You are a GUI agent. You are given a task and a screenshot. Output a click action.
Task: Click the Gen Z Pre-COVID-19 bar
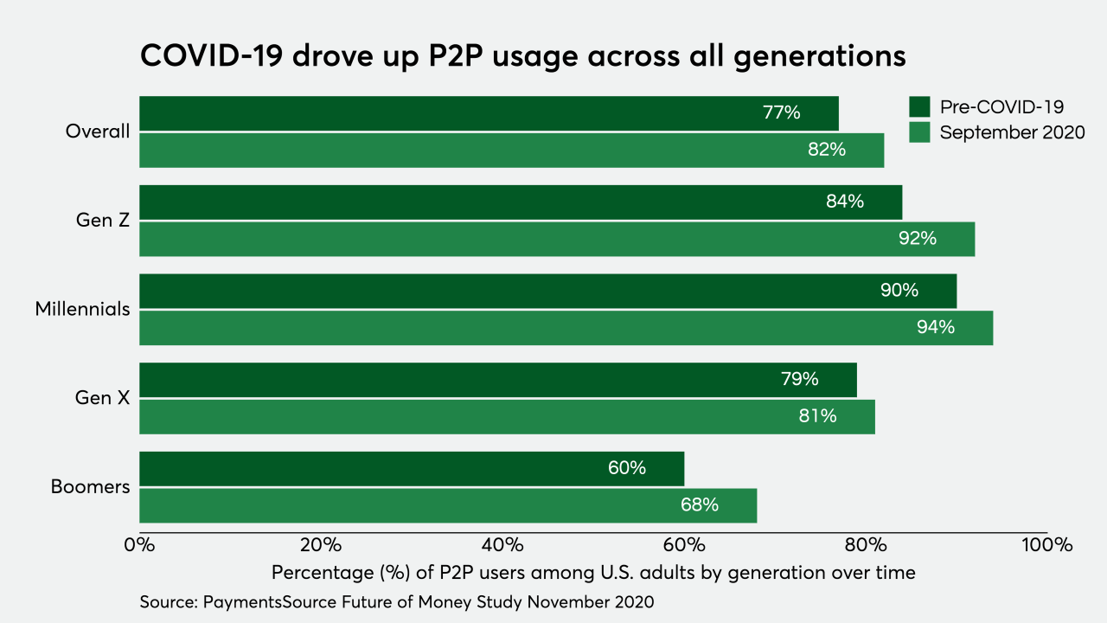coord(520,202)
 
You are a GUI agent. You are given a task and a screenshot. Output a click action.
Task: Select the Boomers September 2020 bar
coord(447,505)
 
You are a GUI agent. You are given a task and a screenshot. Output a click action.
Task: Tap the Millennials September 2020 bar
coord(566,327)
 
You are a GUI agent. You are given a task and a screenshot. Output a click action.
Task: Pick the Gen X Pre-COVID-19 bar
coord(497,380)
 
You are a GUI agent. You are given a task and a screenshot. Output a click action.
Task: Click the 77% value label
coord(781,112)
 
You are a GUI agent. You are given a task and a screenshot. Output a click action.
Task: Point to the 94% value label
coord(936,327)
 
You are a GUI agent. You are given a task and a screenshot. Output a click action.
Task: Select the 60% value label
coord(626,468)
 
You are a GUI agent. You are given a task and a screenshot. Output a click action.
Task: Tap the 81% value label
coord(817,416)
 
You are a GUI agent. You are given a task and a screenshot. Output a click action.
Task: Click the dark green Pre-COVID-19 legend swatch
coord(918,107)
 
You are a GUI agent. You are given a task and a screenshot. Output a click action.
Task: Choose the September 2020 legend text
coord(1012,132)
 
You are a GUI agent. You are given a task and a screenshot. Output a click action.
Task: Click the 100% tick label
coord(1046,545)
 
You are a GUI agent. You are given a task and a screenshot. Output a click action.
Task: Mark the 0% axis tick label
coord(139,545)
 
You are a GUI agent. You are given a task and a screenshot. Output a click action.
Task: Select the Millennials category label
coord(83,309)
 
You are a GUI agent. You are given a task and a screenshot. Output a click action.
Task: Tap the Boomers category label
coord(90,487)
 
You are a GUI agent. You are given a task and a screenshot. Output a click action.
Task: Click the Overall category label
coord(98,132)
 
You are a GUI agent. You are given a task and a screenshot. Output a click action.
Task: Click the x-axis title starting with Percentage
coord(592,573)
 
